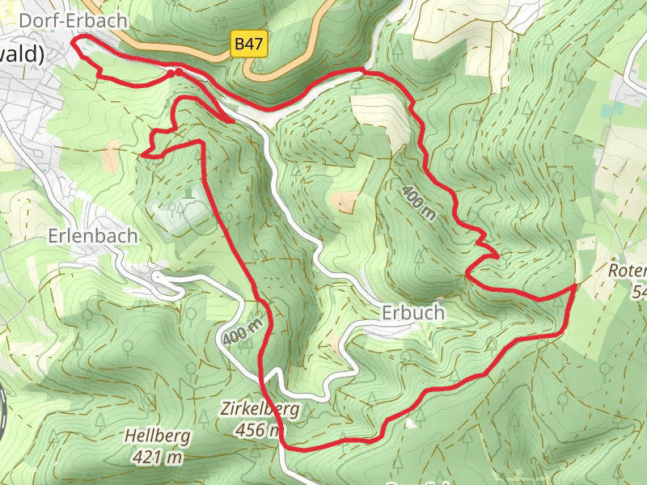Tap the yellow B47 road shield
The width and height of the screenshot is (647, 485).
click(x=248, y=44)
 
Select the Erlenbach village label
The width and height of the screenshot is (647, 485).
click(x=92, y=237)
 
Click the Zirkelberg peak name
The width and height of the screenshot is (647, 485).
click(x=259, y=409)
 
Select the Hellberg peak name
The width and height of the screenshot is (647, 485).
click(x=158, y=436)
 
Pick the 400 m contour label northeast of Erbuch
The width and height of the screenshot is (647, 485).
click(x=418, y=202)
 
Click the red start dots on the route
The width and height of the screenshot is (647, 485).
click(x=175, y=74)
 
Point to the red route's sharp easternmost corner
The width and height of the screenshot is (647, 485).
click(x=575, y=285)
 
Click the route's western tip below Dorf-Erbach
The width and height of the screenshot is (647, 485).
click(x=74, y=40)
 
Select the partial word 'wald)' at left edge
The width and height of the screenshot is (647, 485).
click(x=23, y=53)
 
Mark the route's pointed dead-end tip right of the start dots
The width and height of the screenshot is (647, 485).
click(x=234, y=122)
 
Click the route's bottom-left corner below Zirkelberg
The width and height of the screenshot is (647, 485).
click(x=283, y=445)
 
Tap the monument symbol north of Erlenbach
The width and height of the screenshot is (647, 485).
click(x=188, y=192)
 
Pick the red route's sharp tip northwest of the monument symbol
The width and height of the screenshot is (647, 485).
click(x=142, y=154)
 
